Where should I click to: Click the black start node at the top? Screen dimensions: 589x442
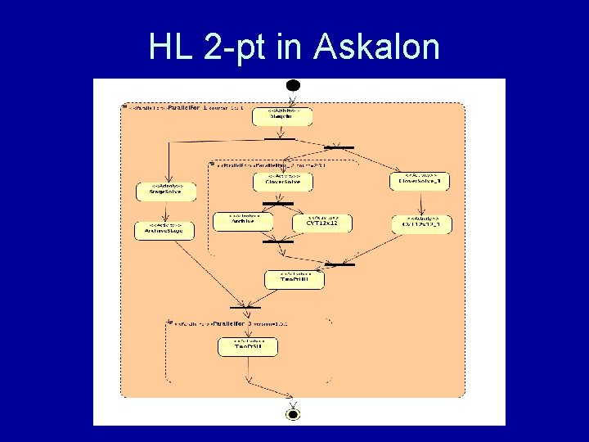293,86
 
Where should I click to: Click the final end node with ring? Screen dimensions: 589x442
293,414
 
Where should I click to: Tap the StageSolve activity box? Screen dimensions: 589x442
166,191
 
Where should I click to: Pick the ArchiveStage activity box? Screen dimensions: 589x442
164,230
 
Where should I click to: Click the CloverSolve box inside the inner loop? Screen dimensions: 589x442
282,180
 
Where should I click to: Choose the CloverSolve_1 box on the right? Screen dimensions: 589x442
419,180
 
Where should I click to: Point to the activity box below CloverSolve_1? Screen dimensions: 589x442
420,223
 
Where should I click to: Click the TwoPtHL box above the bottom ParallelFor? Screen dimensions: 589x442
295,279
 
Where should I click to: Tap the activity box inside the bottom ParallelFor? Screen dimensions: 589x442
247,346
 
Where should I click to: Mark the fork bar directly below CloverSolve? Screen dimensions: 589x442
277,203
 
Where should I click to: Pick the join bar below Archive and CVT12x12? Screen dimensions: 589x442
277,241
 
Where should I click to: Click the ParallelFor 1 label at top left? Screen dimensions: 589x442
188,107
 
